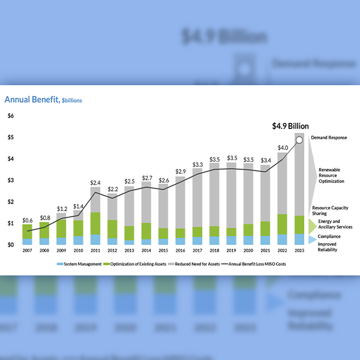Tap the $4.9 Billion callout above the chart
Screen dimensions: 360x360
tap(290, 126)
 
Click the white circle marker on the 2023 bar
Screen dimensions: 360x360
tap(299, 140)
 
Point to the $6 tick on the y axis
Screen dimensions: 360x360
tap(10, 115)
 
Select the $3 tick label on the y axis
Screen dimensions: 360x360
tap(10, 180)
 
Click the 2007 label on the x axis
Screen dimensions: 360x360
tap(27, 251)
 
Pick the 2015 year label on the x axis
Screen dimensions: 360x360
tap(163, 251)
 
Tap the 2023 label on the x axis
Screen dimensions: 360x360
tap(299, 251)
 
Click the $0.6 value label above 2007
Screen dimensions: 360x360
tap(28, 220)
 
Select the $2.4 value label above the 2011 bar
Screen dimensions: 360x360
tap(95, 182)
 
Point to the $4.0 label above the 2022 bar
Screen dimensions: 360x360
tap(282, 148)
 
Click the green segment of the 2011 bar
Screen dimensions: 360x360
tap(95, 223)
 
